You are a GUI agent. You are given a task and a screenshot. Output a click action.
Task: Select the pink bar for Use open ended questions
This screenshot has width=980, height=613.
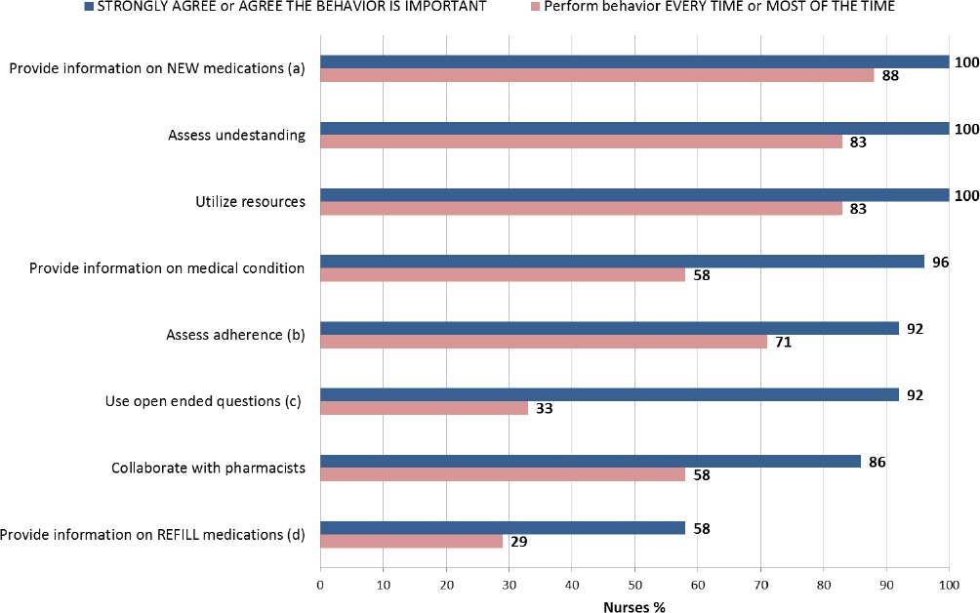pos(424,408)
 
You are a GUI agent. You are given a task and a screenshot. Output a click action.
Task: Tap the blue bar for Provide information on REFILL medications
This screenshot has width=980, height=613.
pos(502,528)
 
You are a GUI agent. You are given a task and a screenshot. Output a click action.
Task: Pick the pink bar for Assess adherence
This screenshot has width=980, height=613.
pos(543,342)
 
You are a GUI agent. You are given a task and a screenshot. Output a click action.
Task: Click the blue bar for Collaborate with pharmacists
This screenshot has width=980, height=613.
pos(590,461)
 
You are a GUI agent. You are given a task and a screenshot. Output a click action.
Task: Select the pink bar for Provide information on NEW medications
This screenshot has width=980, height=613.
pos(596,75)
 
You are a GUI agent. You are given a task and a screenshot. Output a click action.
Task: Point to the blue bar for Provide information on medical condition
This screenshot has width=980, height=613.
pos(622,262)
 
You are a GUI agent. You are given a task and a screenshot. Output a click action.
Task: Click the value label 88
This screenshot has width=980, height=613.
pos(889,75)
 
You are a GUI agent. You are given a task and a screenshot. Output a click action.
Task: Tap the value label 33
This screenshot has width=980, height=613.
pos(544,409)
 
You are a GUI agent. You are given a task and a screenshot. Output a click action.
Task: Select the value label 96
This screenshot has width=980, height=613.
pos(941,262)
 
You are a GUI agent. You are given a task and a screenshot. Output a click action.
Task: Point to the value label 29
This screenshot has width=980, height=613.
pos(518,542)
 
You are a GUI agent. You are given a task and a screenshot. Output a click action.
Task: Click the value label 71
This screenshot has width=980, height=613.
pos(783,342)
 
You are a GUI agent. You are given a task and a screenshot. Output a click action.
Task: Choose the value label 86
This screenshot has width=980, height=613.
pos(878,461)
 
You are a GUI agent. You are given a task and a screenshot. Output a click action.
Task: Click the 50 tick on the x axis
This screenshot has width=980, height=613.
pos(634,584)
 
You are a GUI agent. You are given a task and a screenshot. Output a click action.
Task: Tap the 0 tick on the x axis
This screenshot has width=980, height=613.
pos(320,584)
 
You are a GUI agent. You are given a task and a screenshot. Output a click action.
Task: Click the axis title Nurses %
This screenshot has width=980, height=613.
pos(634,605)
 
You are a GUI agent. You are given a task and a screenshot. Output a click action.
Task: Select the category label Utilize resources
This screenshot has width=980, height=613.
pos(251,202)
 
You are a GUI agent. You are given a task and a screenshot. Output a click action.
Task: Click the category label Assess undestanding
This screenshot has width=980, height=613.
pos(237,136)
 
